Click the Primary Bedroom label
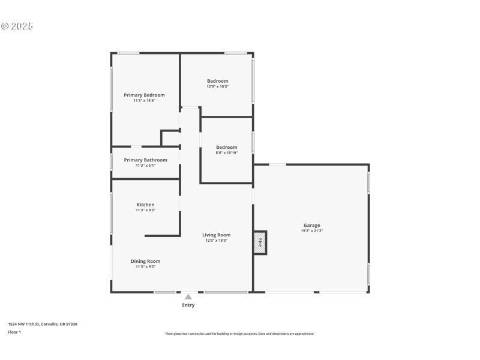tap(144, 95)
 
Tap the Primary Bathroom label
tap(145, 160)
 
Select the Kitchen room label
tap(145, 205)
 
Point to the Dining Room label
tap(145, 261)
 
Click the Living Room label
tap(216, 235)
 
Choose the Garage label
tap(311, 225)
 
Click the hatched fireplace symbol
tap(260, 242)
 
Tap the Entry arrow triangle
tap(188, 296)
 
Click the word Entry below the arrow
tap(188, 305)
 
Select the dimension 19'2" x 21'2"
tap(311, 231)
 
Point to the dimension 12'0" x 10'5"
tap(218, 86)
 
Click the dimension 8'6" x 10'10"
tap(227, 153)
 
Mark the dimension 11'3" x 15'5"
tap(144, 101)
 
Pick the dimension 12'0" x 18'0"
tap(216, 241)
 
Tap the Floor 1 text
tap(14, 332)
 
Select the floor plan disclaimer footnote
tap(239, 334)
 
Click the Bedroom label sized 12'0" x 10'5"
tap(218, 81)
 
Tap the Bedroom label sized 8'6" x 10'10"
tap(227, 147)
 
